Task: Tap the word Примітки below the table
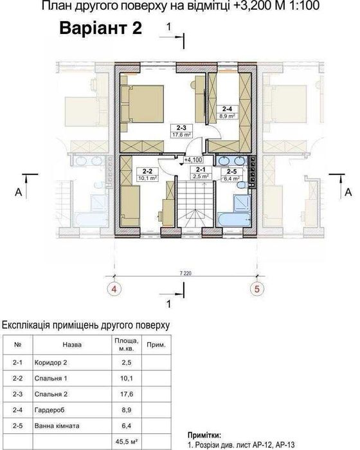coord(206,435)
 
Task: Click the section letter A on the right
coord(348,192)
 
